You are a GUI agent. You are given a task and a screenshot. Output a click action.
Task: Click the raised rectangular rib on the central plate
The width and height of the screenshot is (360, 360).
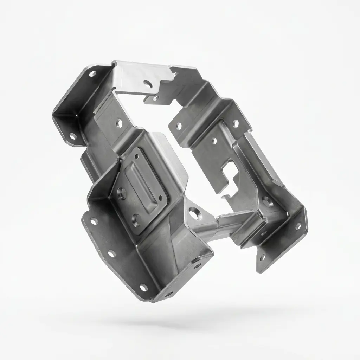(x=141, y=181)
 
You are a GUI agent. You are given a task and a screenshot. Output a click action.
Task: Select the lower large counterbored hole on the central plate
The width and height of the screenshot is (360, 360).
(x=136, y=220)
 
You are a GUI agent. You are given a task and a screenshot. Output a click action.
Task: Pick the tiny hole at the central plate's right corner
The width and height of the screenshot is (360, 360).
(x=161, y=198)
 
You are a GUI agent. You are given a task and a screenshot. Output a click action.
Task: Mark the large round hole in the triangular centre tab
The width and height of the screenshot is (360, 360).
(x=194, y=213)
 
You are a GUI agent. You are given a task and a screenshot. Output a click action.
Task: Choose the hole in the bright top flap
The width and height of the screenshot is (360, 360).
(x=148, y=83)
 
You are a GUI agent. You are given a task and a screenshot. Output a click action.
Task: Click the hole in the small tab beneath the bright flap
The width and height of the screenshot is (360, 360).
(x=155, y=98)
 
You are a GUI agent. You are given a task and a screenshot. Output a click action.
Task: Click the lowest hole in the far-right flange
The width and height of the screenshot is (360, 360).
(x=262, y=258)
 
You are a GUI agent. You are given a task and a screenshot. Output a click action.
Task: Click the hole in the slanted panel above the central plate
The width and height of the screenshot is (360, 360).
(x=119, y=124)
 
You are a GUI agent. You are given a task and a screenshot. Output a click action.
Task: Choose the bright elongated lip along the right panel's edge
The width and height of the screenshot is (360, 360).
(x=264, y=158)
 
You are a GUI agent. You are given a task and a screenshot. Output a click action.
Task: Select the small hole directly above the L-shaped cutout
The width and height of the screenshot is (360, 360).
(x=214, y=141)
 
